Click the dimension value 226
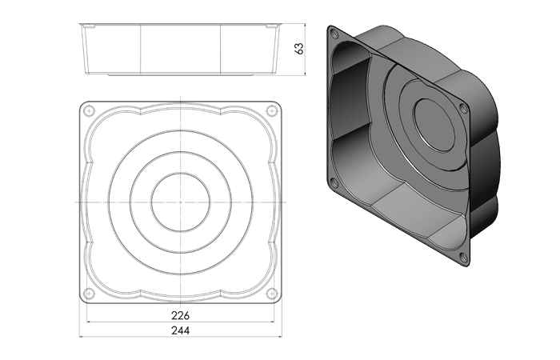coord(180,316)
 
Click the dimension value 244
coord(180,330)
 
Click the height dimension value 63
coord(299,49)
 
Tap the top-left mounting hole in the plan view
coord(89,110)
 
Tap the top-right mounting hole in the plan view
coord(272,110)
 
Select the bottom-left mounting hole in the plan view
coord(89,294)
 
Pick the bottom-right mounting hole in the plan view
coord(272,294)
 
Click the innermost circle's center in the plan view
coord(180,202)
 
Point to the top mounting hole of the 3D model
coord(334,34)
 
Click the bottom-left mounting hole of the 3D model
coord(334,183)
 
